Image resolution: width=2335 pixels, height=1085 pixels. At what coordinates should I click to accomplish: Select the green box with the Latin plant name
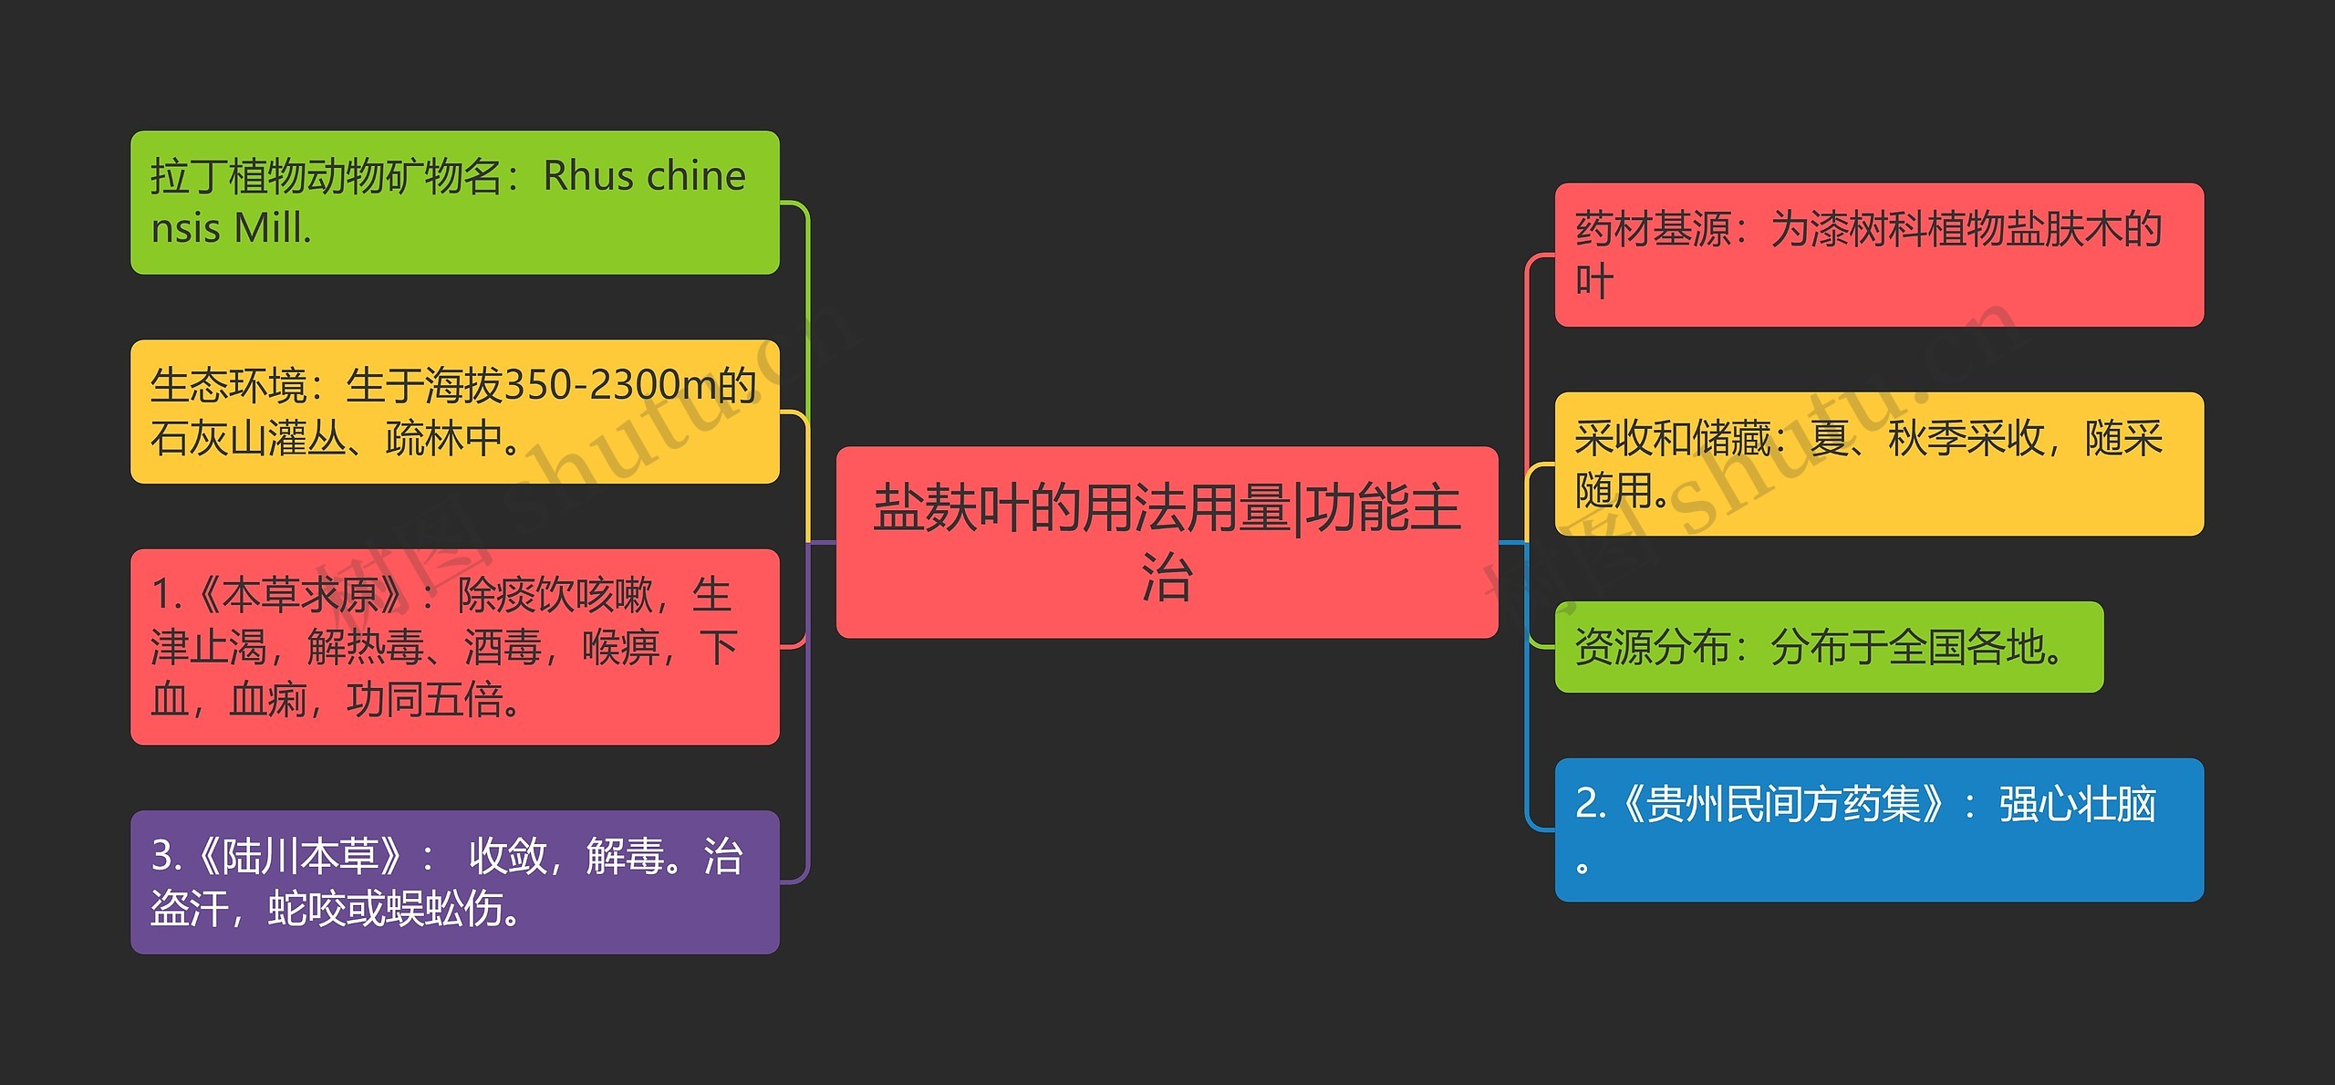click(x=454, y=203)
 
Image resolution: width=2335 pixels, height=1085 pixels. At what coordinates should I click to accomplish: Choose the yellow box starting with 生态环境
click(x=454, y=412)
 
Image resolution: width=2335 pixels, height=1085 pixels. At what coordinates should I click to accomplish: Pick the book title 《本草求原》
click(x=300, y=596)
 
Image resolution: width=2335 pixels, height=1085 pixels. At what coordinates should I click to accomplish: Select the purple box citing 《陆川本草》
click(x=454, y=882)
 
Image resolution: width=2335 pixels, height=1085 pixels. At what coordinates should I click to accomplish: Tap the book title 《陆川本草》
click(x=300, y=857)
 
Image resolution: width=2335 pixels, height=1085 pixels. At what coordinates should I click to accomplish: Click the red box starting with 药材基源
click(x=1878, y=255)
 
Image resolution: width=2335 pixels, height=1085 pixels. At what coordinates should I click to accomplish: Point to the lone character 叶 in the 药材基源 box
click(x=1594, y=281)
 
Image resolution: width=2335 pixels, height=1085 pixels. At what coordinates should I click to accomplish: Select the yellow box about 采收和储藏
click(x=1878, y=464)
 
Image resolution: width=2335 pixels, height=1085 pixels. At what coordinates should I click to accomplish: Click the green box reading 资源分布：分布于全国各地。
click(x=1828, y=647)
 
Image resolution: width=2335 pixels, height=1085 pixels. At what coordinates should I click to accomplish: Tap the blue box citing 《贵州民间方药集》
click(x=1878, y=829)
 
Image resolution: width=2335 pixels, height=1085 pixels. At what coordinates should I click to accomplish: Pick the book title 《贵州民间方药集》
click(x=1783, y=805)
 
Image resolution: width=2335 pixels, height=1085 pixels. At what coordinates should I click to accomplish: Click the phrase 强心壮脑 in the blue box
click(x=2077, y=805)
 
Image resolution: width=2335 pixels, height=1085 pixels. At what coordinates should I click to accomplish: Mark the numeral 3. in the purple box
click(x=166, y=857)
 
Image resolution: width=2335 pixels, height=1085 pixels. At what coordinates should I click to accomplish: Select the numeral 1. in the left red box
click(x=166, y=596)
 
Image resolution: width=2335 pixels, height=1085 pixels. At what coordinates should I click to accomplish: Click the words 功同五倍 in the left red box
click(x=424, y=701)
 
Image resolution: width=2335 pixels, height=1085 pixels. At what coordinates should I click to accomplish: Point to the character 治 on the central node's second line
click(x=1167, y=578)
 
